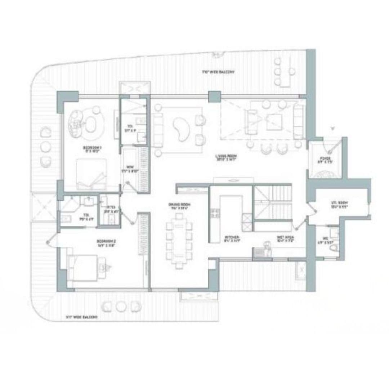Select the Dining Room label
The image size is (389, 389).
click(x=179, y=205)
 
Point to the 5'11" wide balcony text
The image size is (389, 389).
click(x=82, y=317)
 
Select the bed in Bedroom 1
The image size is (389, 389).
click(x=91, y=174)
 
